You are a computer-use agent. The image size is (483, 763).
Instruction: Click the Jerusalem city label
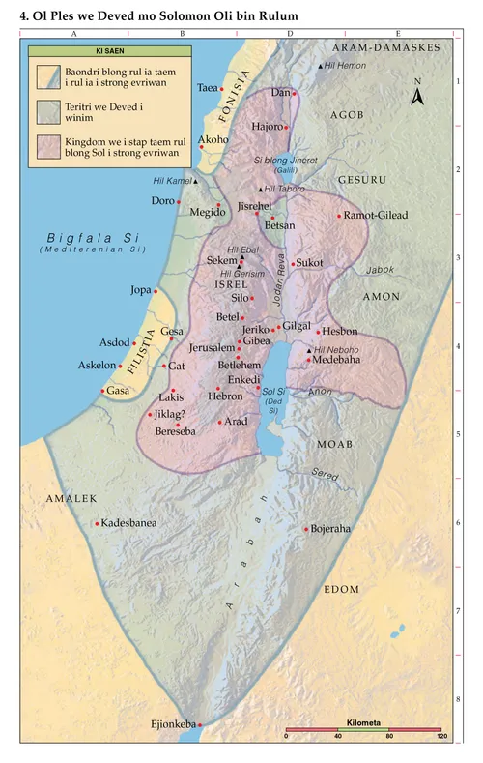pyautogui.click(x=212, y=347)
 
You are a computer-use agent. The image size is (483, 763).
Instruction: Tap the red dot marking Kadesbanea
pyautogui.click(x=97, y=523)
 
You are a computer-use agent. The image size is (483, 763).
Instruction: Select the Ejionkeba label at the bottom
pyautogui.click(x=173, y=723)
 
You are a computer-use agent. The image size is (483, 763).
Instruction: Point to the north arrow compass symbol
pyautogui.click(x=417, y=94)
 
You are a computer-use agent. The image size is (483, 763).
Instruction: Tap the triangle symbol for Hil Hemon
pyautogui.click(x=321, y=65)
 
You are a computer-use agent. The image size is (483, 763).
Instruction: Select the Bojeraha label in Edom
pyautogui.click(x=332, y=529)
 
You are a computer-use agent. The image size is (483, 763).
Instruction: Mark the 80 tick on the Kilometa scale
pyautogui.click(x=390, y=737)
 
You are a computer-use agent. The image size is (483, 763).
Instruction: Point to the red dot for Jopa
pyautogui.click(x=156, y=291)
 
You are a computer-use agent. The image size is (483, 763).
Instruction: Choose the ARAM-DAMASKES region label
pyautogui.click(x=385, y=47)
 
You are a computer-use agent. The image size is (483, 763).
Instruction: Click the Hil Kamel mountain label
pyautogui.click(x=172, y=181)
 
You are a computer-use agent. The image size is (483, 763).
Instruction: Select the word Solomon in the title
pyautogui.click(x=185, y=16)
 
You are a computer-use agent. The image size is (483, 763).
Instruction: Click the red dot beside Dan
pyautogui.click(x=294, y=94)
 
